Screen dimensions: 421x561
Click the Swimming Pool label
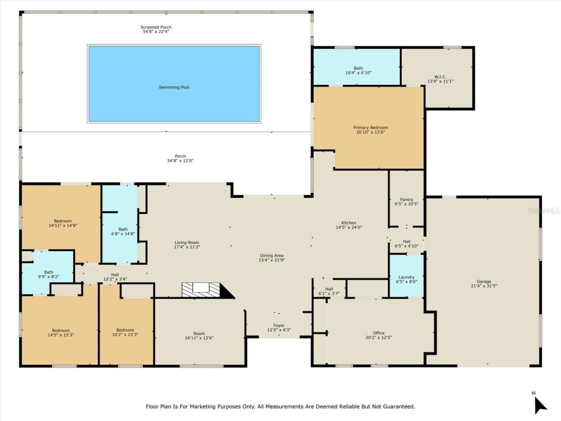point(174,87)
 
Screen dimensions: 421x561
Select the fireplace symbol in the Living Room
point(202,289)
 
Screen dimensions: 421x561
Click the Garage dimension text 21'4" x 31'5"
point(484,286)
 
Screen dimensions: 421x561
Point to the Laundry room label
point(406,277)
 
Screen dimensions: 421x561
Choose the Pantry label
point(406,200)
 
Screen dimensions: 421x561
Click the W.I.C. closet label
point(440,77)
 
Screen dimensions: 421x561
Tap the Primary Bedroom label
point(370,128)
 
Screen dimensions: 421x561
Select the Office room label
point(379,333)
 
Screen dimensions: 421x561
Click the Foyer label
point(279,325)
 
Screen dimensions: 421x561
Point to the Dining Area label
point(272,255)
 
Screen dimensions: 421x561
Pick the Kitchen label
point(349,223)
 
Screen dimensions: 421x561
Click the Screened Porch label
point(156,27)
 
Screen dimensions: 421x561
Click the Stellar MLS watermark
point(543,211)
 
